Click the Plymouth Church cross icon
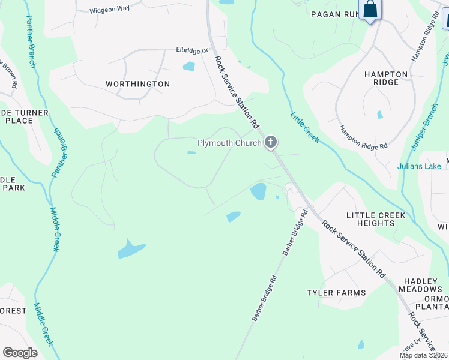[x=271, y=142]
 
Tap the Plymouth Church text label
[x=229, y=143]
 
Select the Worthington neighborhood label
[x=137, y=84]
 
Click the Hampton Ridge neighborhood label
[x=386, y=78]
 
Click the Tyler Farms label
[x=336, y=293]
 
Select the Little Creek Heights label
[x=376, y=219]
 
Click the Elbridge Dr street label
[x=191, y=51]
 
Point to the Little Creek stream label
[x=304, y=127]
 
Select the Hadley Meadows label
[x=421, y=285]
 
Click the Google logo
[x=20, y=352]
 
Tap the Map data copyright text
[x=424, y=355]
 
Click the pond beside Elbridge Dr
[x=189, y=66]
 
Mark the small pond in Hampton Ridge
[x=380, y=114]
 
